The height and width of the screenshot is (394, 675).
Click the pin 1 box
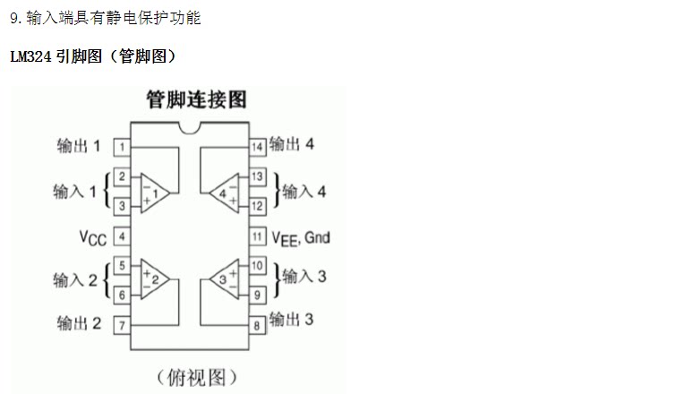(121, 146)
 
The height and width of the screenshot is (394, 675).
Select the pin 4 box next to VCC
(121, 236)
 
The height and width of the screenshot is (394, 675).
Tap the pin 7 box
(121, 325)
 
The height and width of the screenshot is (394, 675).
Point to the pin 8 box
(257, 325)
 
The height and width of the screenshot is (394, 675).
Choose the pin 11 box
(257, 236)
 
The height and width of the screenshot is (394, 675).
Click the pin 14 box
(257, 146)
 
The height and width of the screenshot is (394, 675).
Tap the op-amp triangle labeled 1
(153, 192)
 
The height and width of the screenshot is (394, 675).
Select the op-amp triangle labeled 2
(153, 279)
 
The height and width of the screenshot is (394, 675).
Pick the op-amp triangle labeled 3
(224, 279)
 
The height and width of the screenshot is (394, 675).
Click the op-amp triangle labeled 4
(224, 192)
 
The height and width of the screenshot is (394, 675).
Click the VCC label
(91, 237)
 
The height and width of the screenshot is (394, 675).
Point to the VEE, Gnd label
(301, 237)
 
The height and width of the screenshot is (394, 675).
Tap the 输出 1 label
(78, 146)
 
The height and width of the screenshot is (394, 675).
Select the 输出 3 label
(291, 319)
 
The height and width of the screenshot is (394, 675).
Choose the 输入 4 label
(304, 191)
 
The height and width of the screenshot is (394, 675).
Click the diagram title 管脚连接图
(196, 98)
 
